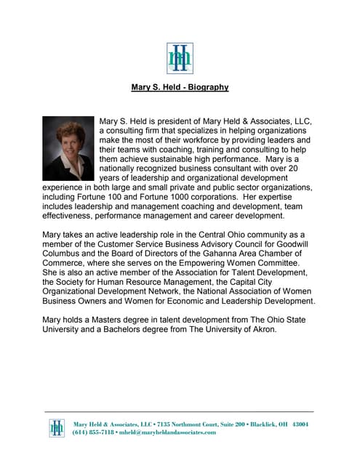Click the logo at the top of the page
180,58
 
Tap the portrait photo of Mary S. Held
68,147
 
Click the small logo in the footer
57,428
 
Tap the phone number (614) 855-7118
93,432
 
